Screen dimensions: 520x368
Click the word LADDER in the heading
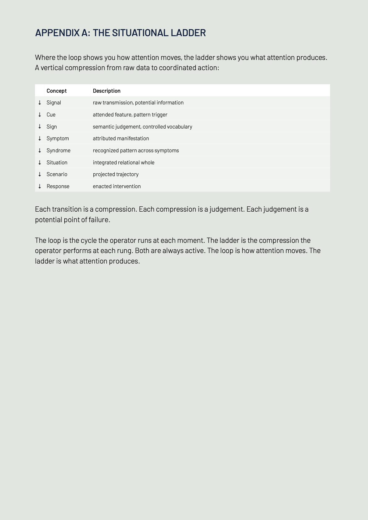pos(188,33)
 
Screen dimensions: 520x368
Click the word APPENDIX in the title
pos(57,33)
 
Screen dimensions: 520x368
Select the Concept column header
pos(57,91)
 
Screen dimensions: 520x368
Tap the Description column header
pos(107,91)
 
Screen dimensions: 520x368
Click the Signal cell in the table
pos(54,103)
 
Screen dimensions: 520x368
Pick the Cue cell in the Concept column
pos(51,115)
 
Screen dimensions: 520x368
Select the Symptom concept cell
pos(58,138)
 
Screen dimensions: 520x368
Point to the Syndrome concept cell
pos(58,150)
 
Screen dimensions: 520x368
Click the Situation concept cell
pos(57,163)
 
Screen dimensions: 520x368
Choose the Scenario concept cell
pos(57,174)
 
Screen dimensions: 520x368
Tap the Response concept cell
pos(58,186)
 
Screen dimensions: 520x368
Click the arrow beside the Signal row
pos(40,103)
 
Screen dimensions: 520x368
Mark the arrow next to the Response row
pos(40,186)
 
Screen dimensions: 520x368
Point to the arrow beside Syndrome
pos(40,150)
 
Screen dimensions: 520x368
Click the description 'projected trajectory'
pos(116,174)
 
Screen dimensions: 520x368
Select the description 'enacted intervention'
pos(117,186)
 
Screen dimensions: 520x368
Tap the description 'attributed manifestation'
pos(121,138)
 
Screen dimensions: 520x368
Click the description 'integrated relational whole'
pos(124,163)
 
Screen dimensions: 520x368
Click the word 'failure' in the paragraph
pos(99,220)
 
